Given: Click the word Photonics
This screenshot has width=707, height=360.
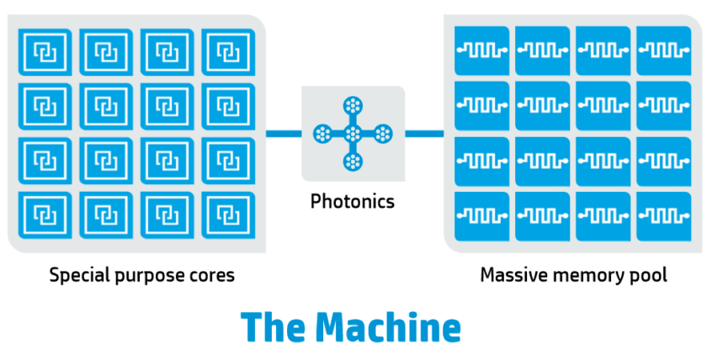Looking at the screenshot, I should click(x=353, y=202).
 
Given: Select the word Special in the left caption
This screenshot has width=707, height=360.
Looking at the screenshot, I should click(x=77, y=275).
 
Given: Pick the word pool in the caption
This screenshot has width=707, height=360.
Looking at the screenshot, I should click(x=650, y=275).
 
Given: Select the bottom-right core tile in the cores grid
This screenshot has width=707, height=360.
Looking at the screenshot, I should click(x=226, y=214).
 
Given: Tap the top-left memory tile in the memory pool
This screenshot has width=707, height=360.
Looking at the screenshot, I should click(x=482, y=50).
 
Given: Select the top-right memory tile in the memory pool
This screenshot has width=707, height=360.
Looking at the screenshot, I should click(x=664, y=50).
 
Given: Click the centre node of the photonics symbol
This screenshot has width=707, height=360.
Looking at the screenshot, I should click(x=353, y=133).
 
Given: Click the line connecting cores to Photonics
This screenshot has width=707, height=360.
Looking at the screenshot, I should click(x=284, y=133).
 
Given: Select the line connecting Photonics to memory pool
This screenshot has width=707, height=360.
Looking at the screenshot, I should click(x=424, y=133).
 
